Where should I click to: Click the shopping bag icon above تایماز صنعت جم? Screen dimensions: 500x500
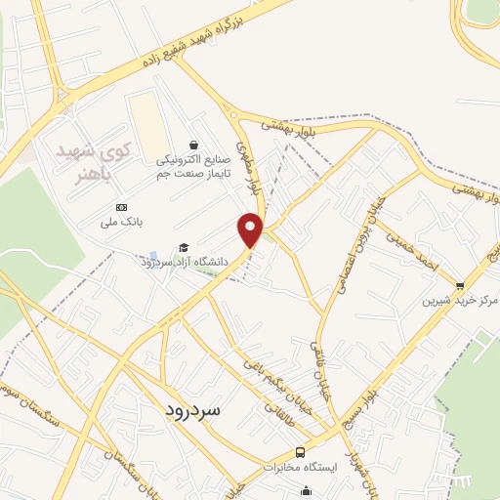tap(193, 145)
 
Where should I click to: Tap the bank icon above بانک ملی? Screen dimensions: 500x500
tap(121, 208)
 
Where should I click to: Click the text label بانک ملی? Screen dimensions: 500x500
tap(125, 223)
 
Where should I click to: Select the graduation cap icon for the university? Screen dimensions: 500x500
tap(182, 248)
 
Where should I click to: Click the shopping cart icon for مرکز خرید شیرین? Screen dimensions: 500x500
tap(460, 285)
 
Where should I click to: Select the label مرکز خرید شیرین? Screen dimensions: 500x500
tap(460, 301)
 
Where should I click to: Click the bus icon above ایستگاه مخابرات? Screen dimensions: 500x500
tap(301, 453)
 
